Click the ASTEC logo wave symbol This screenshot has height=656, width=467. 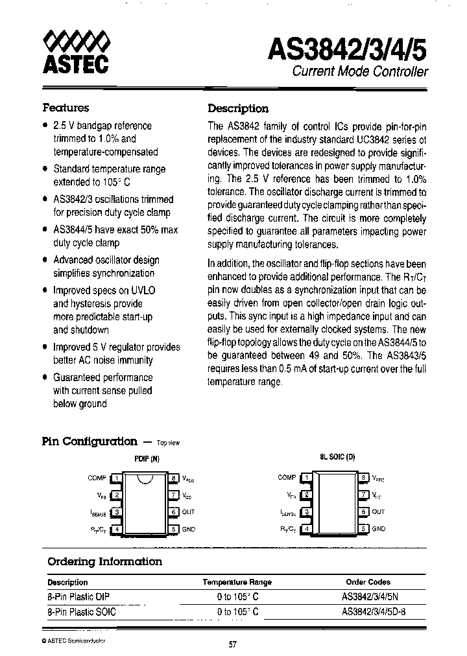[x=75, y=43]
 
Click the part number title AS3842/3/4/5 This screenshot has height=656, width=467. [x=348, y=49]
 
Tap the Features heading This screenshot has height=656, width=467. [x=66, y=108]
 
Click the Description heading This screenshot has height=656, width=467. [x=237, y=108]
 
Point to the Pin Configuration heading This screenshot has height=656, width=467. [x=90, y=441]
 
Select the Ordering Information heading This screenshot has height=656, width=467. [x=105, y=561]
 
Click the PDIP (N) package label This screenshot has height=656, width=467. [x=146, y=458]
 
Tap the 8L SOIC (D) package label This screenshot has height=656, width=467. [x=337, y=457]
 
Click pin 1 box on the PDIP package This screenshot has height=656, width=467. [x=117, y=478]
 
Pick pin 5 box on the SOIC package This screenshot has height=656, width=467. [x=365, y=529]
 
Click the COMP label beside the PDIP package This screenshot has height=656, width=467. [x=97, y=478]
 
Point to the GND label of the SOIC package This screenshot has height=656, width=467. [x=379, y=529]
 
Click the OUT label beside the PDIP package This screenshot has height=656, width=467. [x=188, y=512]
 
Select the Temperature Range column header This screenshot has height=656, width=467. [x=237, y=582]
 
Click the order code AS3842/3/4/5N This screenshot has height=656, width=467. [x=368, y=596]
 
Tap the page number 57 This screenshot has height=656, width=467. [x=233, y=644]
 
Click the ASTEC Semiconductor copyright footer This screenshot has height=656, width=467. [x=73, y=639]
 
